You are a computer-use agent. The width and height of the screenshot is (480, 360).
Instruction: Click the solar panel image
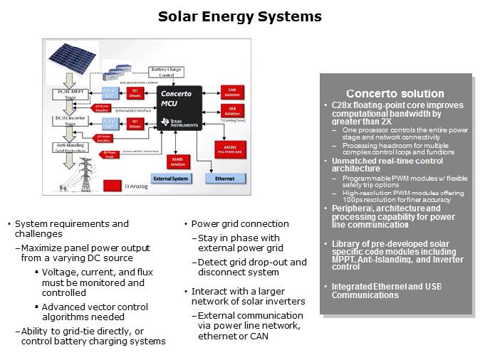pos(73,58)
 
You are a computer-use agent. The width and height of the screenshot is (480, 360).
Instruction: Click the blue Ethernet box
pos(224,179)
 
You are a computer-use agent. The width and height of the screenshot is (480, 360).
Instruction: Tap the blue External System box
pos(171,179)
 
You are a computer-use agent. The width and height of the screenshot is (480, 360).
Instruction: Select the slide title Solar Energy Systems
pos(239,16)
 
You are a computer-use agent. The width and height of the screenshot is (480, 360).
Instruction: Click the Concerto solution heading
pos(395,94)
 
